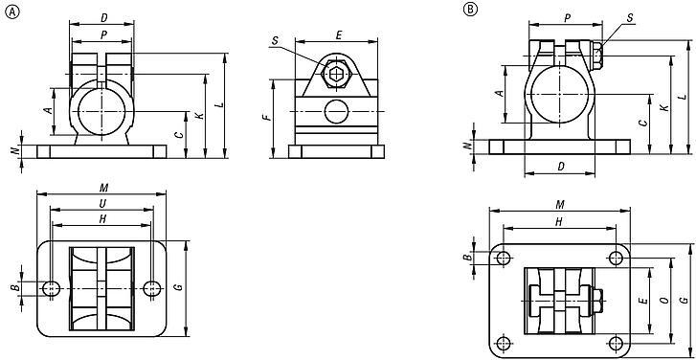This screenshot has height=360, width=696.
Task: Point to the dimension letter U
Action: coord(101,204)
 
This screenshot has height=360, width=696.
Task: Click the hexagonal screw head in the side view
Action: coord(334,74)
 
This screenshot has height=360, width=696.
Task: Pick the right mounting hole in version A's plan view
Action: coord(151,261)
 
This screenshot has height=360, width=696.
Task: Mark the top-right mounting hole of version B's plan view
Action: coord(615,256)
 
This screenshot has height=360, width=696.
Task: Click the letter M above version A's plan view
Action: coord(101,188)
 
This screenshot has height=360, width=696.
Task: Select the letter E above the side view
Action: coord(338,34)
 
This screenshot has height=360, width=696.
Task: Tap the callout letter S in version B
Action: coord(629,17)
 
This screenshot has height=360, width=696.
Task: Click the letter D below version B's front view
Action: coord(560,167)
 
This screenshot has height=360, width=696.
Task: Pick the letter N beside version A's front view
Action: coord(13,151)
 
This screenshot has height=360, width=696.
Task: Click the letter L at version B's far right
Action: coord(681,97)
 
